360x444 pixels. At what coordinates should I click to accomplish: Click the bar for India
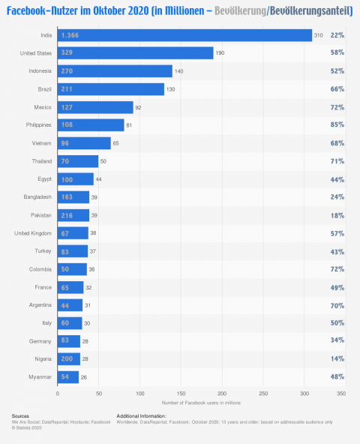[x=184, y=35]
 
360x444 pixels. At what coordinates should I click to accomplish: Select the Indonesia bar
[x=115, y=71]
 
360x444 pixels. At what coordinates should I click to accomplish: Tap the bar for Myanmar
[x=68, y=376]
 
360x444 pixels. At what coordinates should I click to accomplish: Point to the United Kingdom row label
[x=32, y=232]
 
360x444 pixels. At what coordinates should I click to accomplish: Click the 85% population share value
[x=337, y=125]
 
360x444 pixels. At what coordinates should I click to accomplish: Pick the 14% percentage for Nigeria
[x=337, y=358]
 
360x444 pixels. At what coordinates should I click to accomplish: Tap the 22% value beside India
[x=337, y=35]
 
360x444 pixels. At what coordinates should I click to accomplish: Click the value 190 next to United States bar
[x=221, y=53]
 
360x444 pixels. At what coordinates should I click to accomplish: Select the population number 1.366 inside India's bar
[x=71, y=35]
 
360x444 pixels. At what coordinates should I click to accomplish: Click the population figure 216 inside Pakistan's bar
[x=67, y=214]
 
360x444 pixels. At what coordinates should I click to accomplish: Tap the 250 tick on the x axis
[x=262, y=392]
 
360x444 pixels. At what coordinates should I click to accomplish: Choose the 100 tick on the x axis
[x=139, y=392]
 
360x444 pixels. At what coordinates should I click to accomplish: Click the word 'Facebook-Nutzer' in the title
[x=38, y=11]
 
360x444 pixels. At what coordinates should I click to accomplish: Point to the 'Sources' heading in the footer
[x=21, y=415]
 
